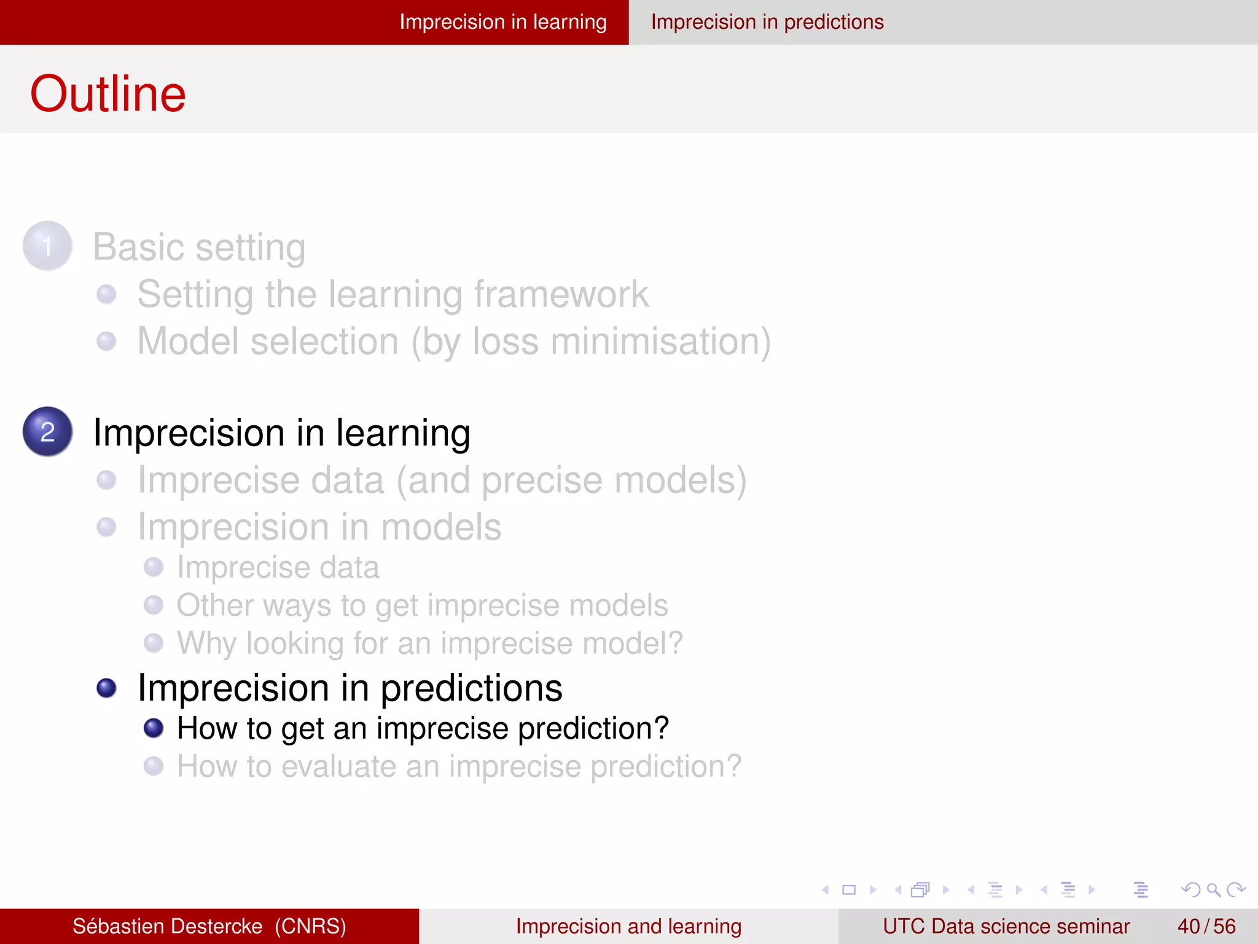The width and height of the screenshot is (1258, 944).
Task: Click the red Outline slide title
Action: click(107, 94)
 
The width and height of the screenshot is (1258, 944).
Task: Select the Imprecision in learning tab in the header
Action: click(502, 22)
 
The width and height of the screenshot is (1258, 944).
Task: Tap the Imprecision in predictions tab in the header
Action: click(767, 22)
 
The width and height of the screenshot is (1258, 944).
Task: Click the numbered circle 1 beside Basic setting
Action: click(47, 246)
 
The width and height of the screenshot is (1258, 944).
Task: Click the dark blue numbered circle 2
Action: click(47, 431)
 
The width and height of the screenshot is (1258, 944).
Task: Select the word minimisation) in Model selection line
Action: click(660, 342)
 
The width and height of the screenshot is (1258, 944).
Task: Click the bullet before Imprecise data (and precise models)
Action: click(107, 480)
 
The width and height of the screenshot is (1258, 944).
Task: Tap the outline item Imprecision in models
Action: click(319, 527)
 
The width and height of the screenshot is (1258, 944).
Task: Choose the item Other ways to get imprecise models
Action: click(422, 605)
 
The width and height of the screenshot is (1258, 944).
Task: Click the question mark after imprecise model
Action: click(675, 643)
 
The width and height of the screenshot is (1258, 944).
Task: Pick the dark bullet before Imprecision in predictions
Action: click(107, 688)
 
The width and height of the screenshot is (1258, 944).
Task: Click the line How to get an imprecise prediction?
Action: click(422, 728)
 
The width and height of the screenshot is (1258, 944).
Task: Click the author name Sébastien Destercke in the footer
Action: click(167, 926)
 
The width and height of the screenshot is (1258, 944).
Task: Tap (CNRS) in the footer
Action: click(310, 926)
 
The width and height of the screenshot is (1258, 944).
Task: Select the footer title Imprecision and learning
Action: click(628, 926)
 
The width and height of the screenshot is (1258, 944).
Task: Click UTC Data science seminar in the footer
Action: click(1006, 926)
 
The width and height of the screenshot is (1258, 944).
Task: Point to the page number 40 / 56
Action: click(1206, 926)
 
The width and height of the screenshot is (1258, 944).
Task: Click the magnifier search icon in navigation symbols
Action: click(1213, 889)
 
